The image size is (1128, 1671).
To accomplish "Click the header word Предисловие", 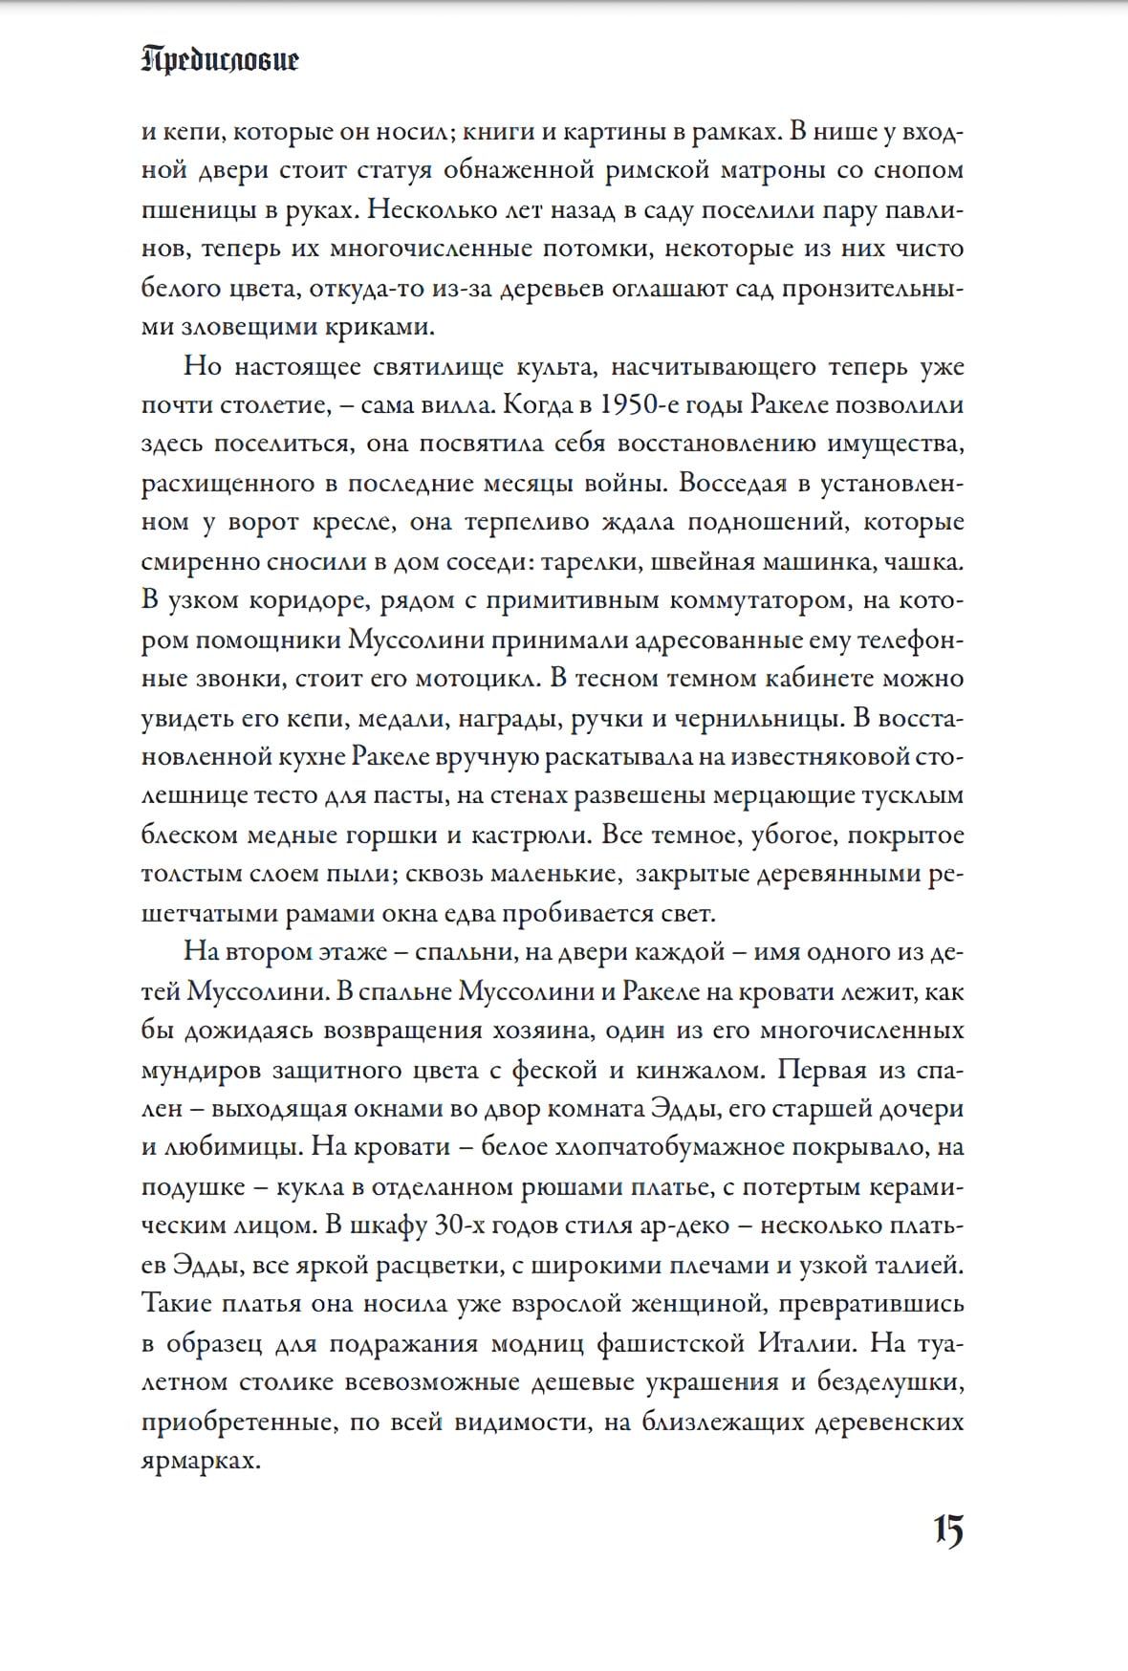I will pos(220,61).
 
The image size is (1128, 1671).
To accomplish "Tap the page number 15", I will pos(948,1531).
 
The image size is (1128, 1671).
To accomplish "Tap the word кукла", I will pos(310,1187).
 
